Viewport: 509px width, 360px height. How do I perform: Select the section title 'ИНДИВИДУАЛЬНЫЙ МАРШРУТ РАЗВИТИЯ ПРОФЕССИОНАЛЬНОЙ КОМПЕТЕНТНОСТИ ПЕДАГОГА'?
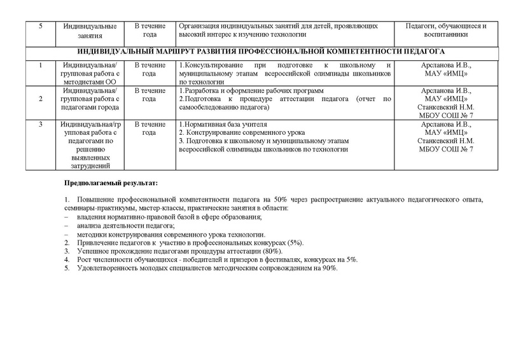261,51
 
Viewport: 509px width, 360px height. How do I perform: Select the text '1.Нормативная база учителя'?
222,123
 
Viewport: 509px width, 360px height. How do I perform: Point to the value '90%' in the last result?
330,268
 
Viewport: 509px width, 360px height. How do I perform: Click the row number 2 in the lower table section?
41,99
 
